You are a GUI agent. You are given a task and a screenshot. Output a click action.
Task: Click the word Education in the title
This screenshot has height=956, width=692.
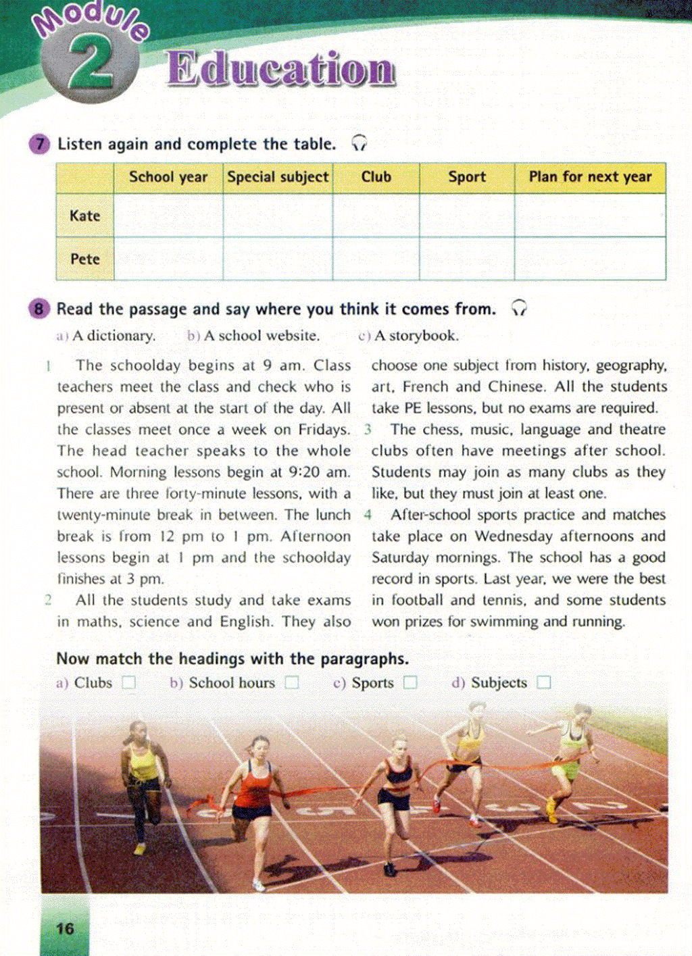pyautogui.click(x=280, y=69)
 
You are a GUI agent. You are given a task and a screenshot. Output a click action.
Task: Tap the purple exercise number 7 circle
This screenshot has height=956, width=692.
pyautogui.click(x=40, y=144)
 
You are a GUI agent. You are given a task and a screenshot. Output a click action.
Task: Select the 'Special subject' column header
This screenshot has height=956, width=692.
pyautogui.click(x=278, y=177)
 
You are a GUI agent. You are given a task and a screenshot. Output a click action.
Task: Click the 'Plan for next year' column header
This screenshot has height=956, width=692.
pyautogui.click(x=590, y=177)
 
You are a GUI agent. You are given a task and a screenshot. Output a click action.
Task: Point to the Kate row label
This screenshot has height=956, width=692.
pyautogui.click(x=84, y=216)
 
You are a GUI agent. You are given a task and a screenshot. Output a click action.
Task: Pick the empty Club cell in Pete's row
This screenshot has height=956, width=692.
pyautogui.click(x=376, y=259)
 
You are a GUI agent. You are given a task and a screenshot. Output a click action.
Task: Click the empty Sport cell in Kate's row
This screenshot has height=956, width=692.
pyautogui.click(x=466, y=216)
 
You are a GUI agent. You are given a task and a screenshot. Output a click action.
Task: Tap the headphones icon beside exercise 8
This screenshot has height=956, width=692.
pyautogui.click(x=518, y=309)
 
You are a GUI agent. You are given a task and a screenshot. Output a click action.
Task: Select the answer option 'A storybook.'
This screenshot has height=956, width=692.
pyautogui.click(x=416, y=336)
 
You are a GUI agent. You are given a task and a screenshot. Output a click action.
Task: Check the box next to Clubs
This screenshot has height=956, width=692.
pyautogui.click(x=129, y=683)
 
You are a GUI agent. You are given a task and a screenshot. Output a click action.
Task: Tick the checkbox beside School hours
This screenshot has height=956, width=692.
pyautogui.click(x=292, y=683)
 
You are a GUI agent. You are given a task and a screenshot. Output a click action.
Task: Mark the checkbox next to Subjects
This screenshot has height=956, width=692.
pyautogui.click(x=543, y=683)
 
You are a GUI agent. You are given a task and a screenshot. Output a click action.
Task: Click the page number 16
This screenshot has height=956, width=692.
pyautogui.click(x=65, y=929)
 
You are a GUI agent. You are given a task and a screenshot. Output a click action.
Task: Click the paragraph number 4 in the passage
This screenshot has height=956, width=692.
pyautogui.click(x=368, y=515)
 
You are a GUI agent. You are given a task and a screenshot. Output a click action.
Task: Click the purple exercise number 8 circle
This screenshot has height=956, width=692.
pyautogui.click(x=39, y=309)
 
